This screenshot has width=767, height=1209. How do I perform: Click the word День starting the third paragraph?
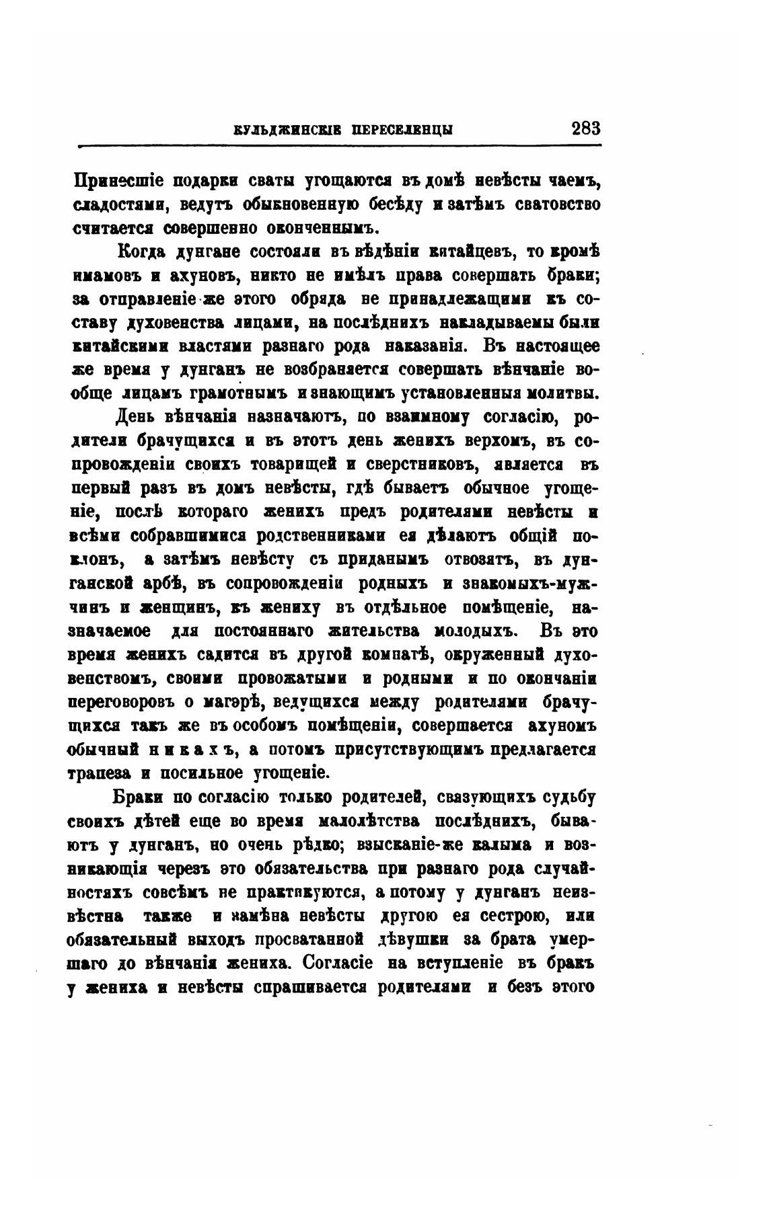point(136,418)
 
